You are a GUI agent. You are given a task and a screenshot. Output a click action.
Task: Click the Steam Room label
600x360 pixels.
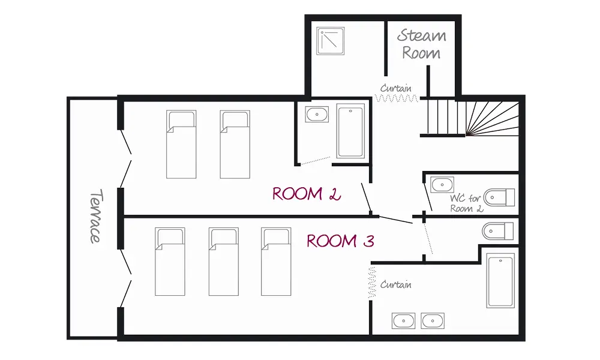[x=421, y=44]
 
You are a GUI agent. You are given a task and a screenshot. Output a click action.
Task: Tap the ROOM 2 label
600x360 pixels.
[x=306, y=194]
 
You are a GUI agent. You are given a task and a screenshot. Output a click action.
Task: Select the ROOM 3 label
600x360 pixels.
[x=340, y=241]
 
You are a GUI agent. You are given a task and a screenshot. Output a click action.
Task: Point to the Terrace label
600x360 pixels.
[x=95, y=216]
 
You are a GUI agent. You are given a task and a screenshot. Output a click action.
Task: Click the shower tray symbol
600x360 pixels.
[x=330, y=41]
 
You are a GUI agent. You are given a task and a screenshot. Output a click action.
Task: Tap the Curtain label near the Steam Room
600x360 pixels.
[x=395, y=88]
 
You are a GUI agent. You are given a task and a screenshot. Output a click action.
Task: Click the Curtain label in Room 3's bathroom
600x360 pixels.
[x=395, y=284]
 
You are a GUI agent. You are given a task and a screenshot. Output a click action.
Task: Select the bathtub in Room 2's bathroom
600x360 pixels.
[x=350, y=131]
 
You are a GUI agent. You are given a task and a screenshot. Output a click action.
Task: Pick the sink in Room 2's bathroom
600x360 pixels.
[x=317, y=115]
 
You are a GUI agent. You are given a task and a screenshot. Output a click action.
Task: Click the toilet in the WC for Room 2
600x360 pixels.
[x=499, y=198]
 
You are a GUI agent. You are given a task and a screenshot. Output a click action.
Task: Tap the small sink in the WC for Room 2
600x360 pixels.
[x=442, y=185]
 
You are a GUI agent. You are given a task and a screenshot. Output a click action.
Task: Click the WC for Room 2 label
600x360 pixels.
[x=466, y=203]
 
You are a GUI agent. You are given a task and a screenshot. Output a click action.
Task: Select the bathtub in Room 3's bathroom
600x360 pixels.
[x=500, y=280]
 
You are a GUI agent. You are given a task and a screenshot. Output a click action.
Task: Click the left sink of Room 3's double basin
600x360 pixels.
[x=403, y=321]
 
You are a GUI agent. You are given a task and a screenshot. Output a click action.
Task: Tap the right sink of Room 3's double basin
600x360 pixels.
[x=433, y=321]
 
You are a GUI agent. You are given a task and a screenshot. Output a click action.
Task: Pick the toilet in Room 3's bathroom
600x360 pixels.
[x=498, y=231]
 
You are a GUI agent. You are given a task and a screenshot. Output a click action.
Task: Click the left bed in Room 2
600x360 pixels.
[x=181, y=145]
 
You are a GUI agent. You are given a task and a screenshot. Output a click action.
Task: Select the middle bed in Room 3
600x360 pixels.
[x=224, y=262]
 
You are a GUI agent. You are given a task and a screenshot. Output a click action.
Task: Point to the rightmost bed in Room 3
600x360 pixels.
[x=276, y=262]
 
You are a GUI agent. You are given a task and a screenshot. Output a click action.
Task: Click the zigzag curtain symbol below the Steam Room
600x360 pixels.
[x=397, y=98]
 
